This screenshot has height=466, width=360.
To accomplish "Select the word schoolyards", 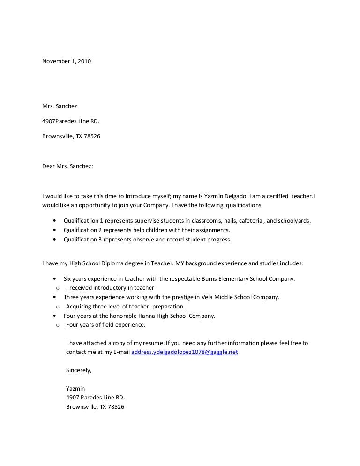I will pos(292,220).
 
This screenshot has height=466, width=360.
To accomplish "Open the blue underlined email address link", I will pos(185,352).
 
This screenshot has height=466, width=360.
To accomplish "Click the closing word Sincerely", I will pos(79,370).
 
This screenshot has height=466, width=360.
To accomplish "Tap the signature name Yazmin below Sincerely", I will pos(75,388).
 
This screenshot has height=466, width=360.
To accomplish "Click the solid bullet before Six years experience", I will pos(56,278).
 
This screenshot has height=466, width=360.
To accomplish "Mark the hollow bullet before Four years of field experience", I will pos(57,325).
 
